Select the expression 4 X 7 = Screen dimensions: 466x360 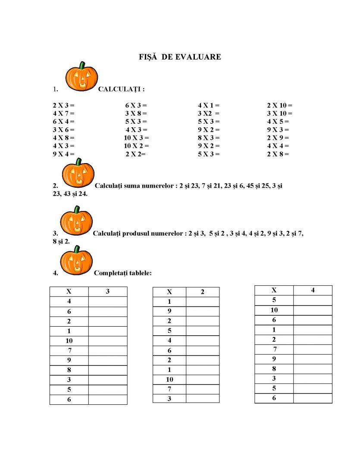point(63,113)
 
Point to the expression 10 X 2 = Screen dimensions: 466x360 point(136,146)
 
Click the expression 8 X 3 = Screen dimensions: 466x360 point(209,138)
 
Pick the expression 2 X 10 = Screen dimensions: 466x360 point(279,105)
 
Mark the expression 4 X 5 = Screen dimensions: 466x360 point(278,122)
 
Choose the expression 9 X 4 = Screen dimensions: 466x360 point(63,154)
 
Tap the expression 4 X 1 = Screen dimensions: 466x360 point(209,105)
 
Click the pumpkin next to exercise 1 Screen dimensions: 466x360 point(81,77)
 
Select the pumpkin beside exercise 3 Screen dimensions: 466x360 point(76,221)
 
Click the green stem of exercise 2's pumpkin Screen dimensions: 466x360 point(78,162)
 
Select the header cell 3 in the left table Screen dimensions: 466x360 point(108,291)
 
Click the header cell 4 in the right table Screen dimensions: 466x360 point(313,290)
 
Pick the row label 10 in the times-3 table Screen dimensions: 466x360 point(69,340)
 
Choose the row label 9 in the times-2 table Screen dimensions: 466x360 point(169,311)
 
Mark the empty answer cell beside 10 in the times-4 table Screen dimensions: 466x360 point(313,310)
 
